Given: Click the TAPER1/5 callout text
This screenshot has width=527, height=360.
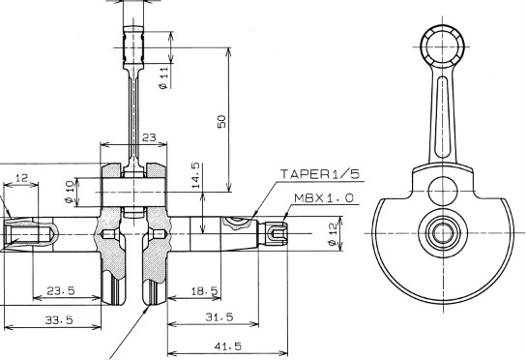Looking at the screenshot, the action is point(320,174).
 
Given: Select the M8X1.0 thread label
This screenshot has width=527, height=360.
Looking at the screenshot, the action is point(324,198).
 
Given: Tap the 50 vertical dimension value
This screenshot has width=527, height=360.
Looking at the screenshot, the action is point(221,122).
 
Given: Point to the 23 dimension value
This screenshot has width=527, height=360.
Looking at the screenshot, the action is point(149,137).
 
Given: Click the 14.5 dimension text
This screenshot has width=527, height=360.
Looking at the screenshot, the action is point(196,175).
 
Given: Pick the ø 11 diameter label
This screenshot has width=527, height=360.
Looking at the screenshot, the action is point(163,77).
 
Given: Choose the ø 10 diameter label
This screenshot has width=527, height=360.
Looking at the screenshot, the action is point(70,192).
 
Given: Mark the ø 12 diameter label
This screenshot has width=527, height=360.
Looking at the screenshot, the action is point(333,234).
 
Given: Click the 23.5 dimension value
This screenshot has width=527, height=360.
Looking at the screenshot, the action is point(61,290).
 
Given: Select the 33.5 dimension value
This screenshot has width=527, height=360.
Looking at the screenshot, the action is point(59,319).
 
